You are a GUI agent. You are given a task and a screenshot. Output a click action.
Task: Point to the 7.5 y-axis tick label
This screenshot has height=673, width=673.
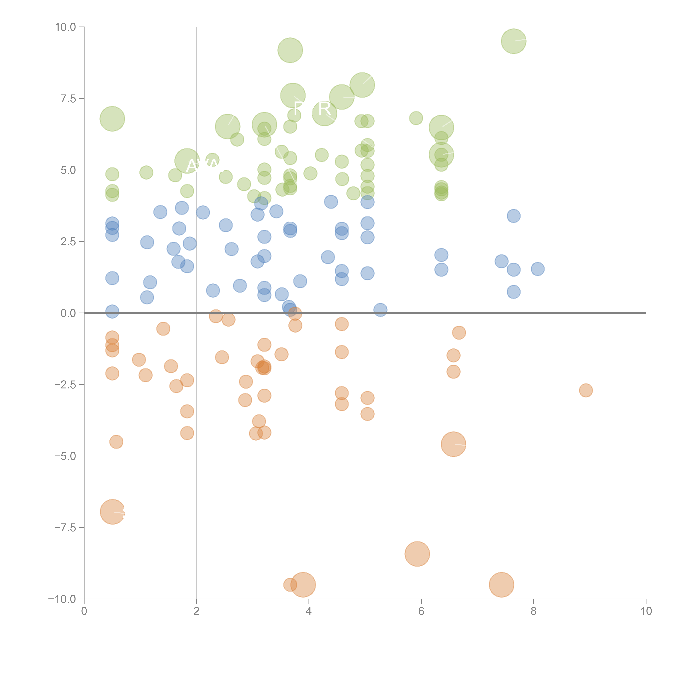pyautogui.click(x=68, y=99)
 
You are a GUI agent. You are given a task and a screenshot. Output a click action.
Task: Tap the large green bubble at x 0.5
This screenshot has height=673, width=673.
pyautogui.click(x=112, y=119)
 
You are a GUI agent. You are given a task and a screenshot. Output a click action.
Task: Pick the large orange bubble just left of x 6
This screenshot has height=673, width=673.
pyautogui.click(x=417, y=554)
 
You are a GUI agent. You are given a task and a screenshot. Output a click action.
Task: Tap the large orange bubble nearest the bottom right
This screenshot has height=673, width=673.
pyautogui.click(x=501, y=585)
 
